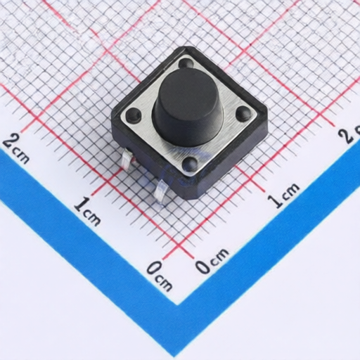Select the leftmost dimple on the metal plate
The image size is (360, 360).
(133, 115)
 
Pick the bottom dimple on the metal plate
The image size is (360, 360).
(191, 163)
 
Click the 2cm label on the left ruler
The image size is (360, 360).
(16, 148)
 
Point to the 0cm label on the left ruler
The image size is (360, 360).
(160, 276)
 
